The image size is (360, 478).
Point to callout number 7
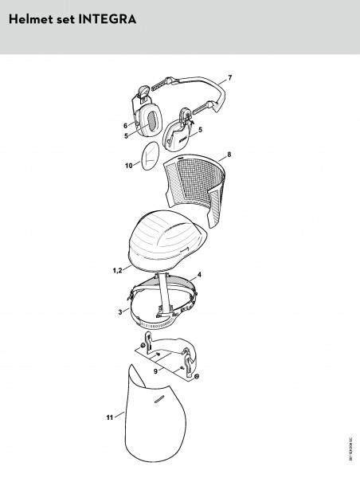229,76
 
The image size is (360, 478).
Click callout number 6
125,125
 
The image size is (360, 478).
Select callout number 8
229,153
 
